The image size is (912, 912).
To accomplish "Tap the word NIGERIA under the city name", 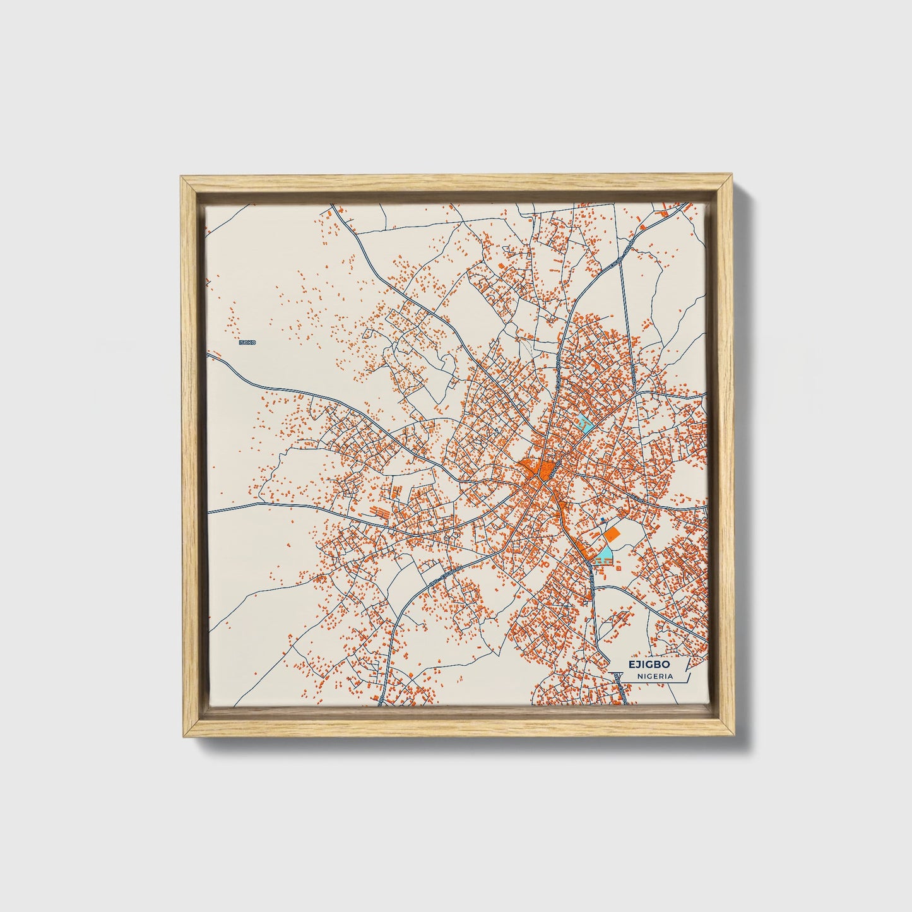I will tap(654, 676).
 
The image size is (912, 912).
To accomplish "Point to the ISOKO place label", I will tap(247, 342).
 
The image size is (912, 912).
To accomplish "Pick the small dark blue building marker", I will tap(602, 519).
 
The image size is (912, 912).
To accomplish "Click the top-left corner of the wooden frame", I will tap(182, 177).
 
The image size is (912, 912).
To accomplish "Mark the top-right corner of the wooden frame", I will tap(732, 178).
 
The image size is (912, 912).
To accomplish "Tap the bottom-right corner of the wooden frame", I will tap(732, 737).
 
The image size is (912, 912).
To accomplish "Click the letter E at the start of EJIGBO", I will tap(631, 665).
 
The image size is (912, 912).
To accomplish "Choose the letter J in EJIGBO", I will tap(637, 665).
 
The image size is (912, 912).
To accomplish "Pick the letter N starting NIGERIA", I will tap(639, 676).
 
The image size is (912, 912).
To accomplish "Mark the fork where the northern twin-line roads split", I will tap(622, 259).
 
